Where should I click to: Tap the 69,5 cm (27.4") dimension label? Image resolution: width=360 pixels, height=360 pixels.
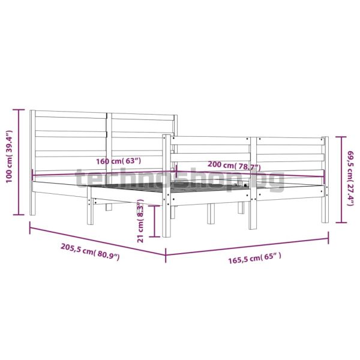pyautogui.click(x=350, y=178)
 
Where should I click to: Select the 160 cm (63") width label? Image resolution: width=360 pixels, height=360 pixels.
pyautogui.click(x=118, y=161)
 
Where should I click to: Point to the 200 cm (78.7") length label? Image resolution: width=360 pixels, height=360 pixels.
pyautogui.click(x=234, y=166)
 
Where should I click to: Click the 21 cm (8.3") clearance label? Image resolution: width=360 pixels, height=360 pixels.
pyautogui.click(x=140, y=221)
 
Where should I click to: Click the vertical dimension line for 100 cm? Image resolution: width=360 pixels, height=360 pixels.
pyautogui.click(x=19, y=162)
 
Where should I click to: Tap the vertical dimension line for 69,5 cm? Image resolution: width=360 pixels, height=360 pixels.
pyautogui.click(x=341, y=179)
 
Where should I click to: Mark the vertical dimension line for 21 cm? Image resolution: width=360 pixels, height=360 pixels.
pyautogui.click(x=154, y=221)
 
